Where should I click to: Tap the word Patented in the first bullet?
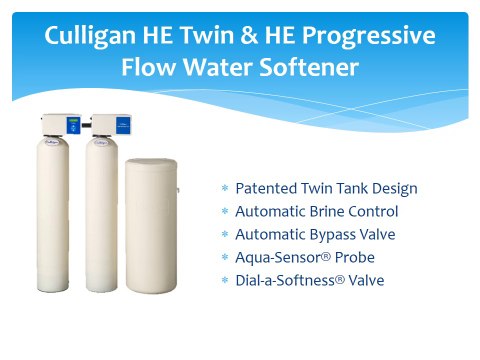tap(263, 188)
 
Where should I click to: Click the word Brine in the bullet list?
tap(325, 211)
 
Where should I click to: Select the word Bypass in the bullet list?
tap(326, 234)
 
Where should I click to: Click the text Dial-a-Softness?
tap(280, 280)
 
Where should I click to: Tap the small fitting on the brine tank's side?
tap(179, 188)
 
